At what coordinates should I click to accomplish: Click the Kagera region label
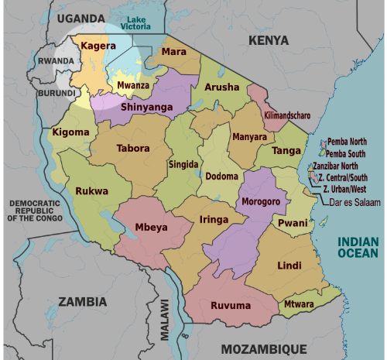[98, 46]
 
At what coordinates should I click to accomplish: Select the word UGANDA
[80, 17]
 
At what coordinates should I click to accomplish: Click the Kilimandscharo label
[287, 115]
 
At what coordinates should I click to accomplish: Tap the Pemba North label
[347, 142]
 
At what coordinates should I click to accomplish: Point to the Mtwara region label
[299, 304]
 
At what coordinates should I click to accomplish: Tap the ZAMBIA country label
[82, 301]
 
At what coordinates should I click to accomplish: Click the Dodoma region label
[222, 177]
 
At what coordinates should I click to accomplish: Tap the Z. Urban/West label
[344, 189]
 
